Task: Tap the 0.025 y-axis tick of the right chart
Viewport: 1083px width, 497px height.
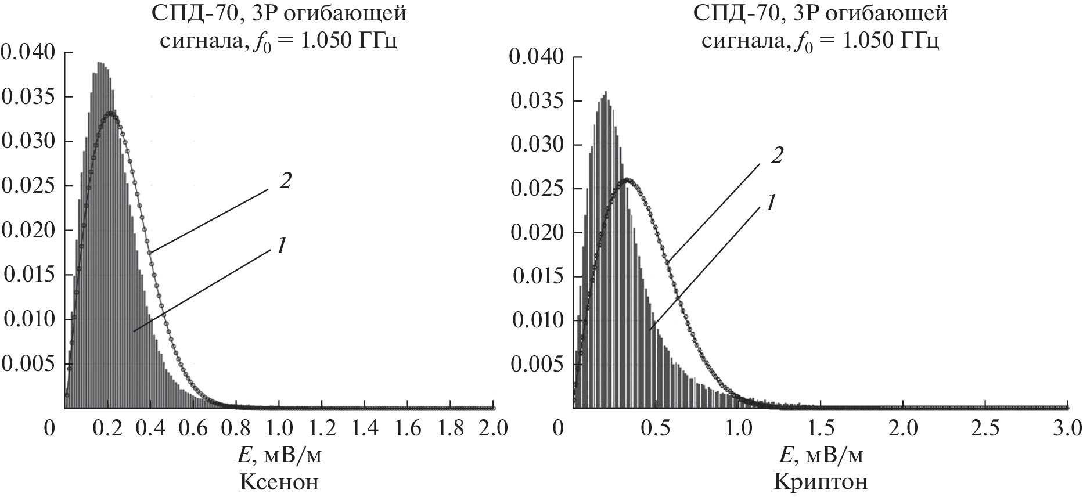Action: (537, 189)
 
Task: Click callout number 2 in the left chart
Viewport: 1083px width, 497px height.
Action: (284, 182)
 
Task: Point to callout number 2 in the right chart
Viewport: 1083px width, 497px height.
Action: (776, 156)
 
